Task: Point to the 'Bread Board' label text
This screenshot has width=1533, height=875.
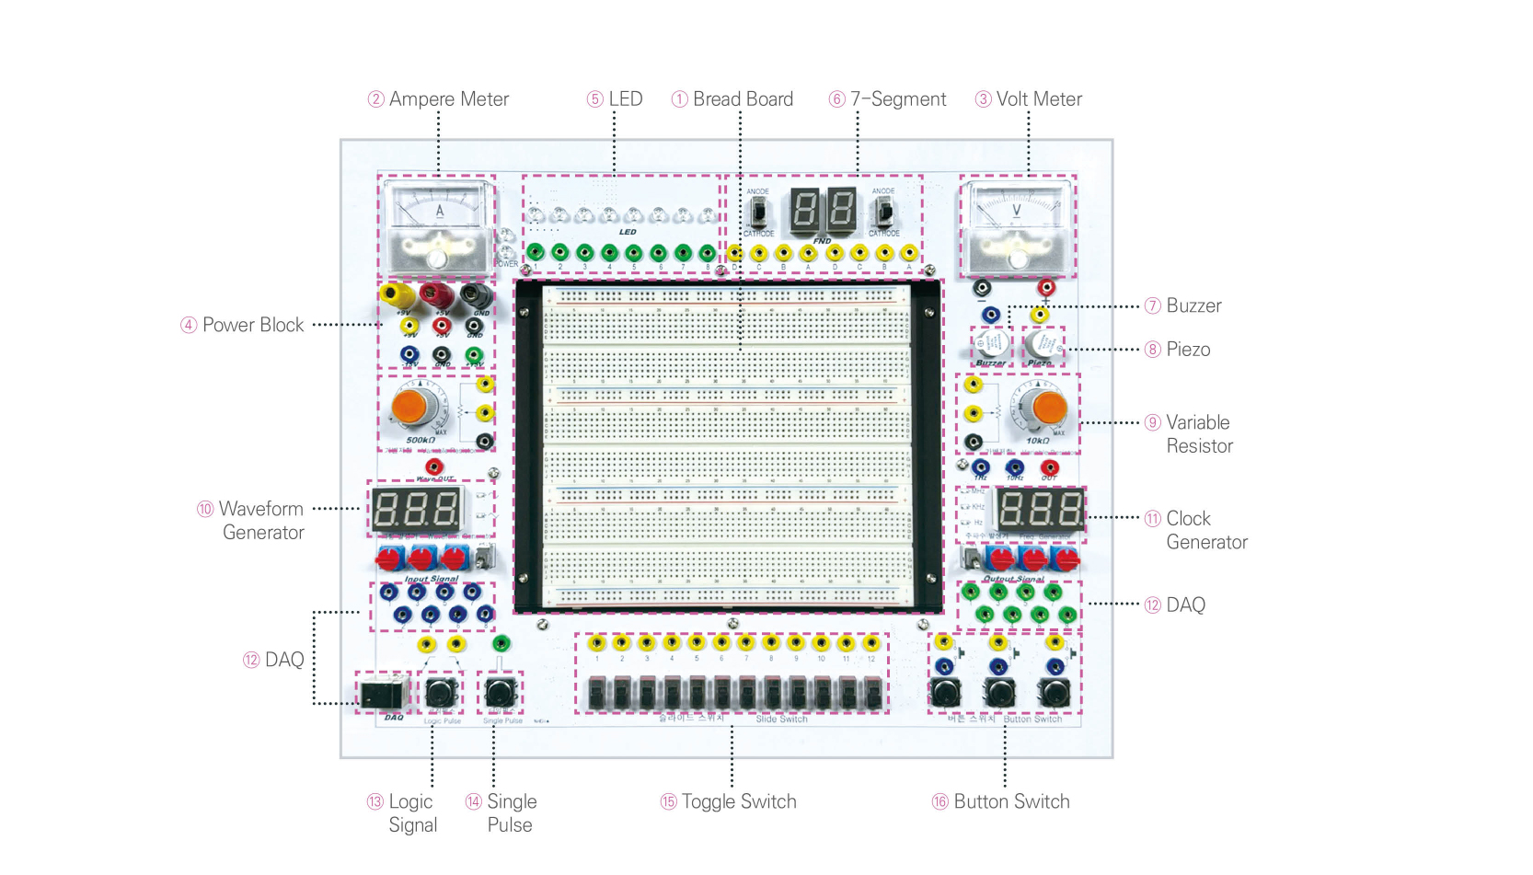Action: point(743,99)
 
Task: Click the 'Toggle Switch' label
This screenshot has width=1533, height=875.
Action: point(739,801)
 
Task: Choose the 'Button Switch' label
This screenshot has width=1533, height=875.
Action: point(1011,801)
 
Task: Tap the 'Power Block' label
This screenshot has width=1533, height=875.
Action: point(253,325)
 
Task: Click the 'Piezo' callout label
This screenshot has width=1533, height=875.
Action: point(1188,350)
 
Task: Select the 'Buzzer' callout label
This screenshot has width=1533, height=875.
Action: point(1193,305)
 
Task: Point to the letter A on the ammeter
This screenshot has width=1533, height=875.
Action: point(440,212)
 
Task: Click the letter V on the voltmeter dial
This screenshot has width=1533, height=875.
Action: point(1017,211)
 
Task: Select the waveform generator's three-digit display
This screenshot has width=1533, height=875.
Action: point(416,509)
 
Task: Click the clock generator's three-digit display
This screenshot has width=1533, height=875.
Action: point(1041,509)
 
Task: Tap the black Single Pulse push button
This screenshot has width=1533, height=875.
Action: point(500,691)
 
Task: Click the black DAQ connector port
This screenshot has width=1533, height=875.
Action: point(381,695)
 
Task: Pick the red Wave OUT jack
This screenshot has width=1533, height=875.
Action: point(434,466)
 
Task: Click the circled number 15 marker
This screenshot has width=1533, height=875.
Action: point(669,802)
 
